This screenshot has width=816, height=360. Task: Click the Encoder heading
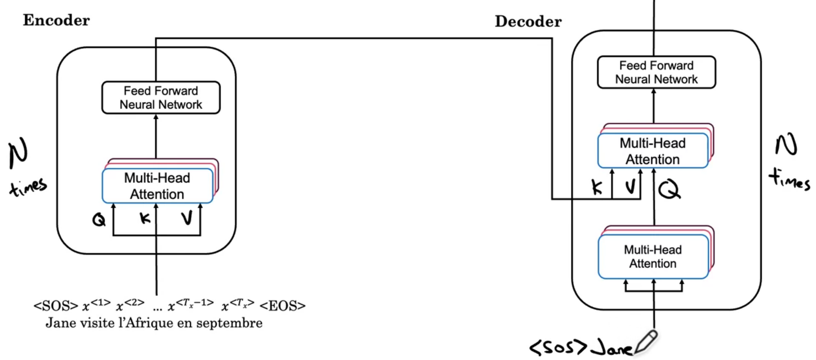tap(56, 20)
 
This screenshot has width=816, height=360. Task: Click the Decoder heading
tap(528, 21)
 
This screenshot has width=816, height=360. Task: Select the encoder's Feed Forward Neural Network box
tap(161, 98)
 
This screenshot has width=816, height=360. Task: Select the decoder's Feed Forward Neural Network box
tap(656, 72)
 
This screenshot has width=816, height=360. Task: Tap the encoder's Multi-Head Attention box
tap(157, 186)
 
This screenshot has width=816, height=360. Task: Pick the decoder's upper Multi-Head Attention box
tap(652, 151)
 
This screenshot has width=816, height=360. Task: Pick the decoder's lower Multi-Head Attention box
tap(652, 256)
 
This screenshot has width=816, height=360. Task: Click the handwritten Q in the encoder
tap(99, 220)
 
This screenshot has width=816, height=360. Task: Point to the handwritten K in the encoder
tap(145, 218)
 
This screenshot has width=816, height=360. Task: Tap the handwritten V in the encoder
tap(187, 218)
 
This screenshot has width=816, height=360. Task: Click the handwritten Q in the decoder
tap(669, 189)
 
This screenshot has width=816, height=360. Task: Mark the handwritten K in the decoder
tap(597, 187)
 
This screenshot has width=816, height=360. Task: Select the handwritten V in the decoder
tap(630, 186)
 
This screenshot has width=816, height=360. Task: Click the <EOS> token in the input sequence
tap(282, 306)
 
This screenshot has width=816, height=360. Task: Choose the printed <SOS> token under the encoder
tap(56, 306)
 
